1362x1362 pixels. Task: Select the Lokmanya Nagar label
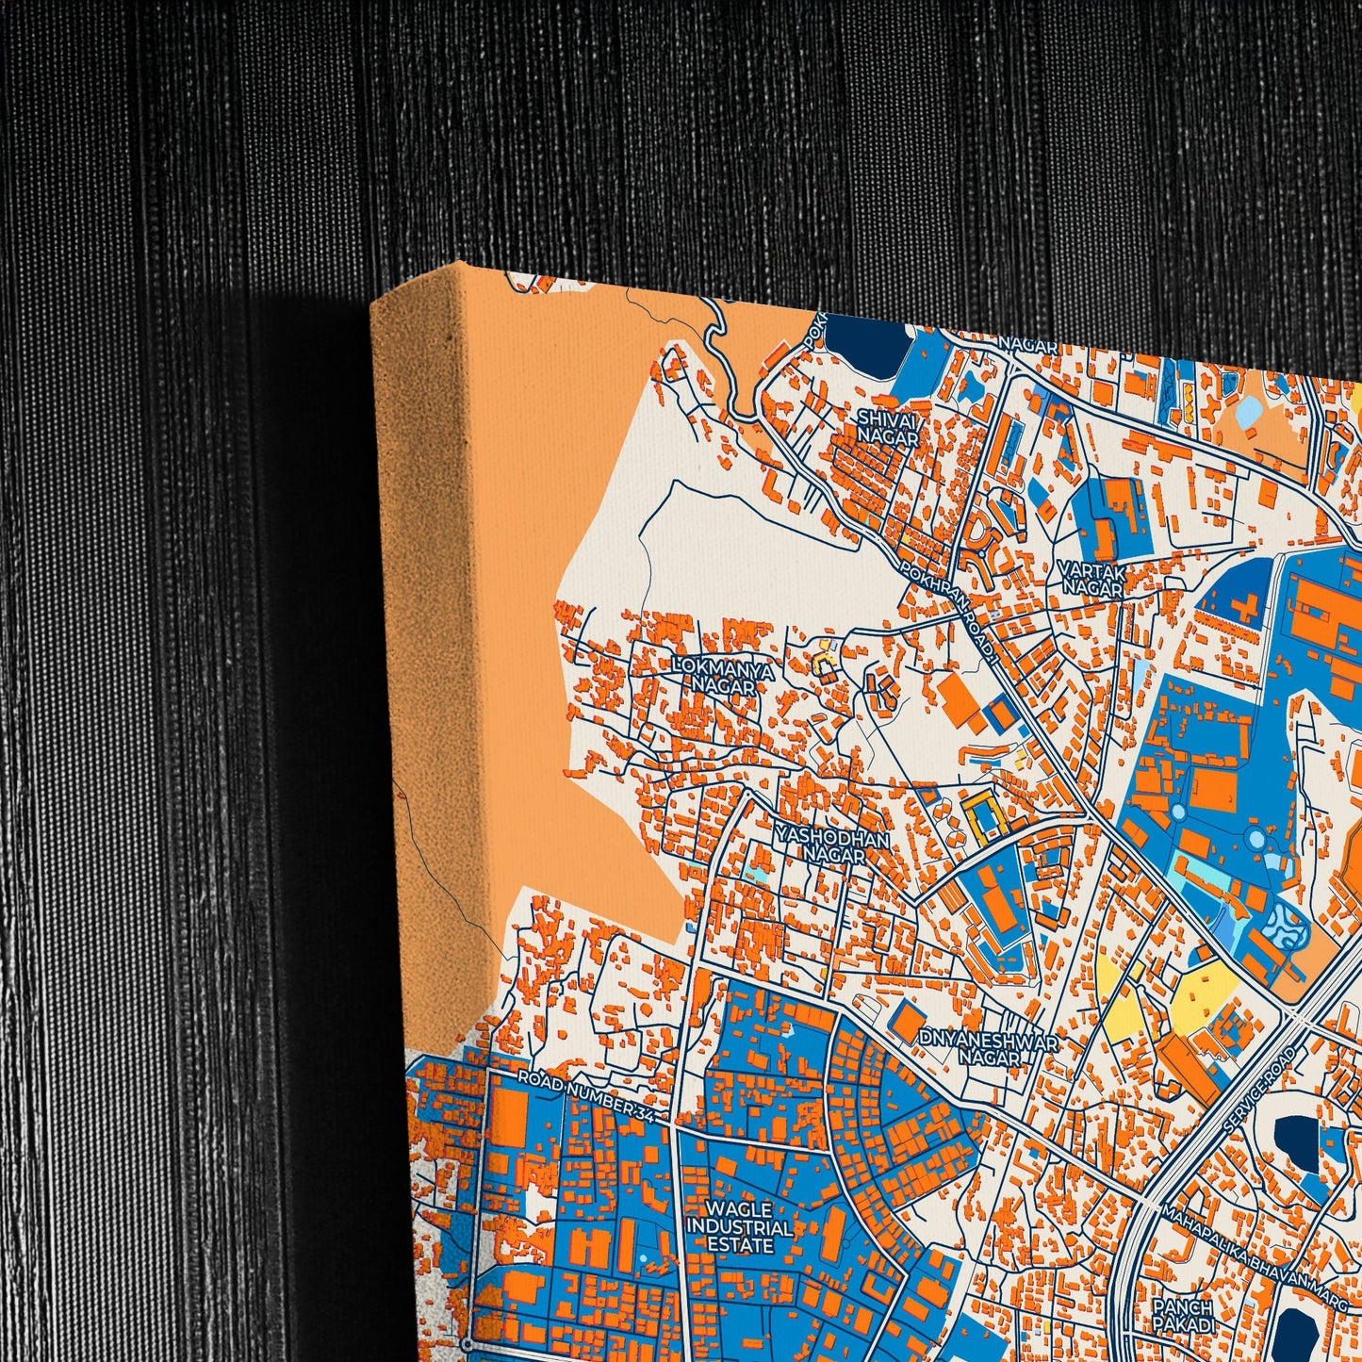(x=724, y=677)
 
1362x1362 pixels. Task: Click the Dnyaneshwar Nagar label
(x=989, y=1049)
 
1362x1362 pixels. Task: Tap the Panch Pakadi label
(x=1181, y=1316)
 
